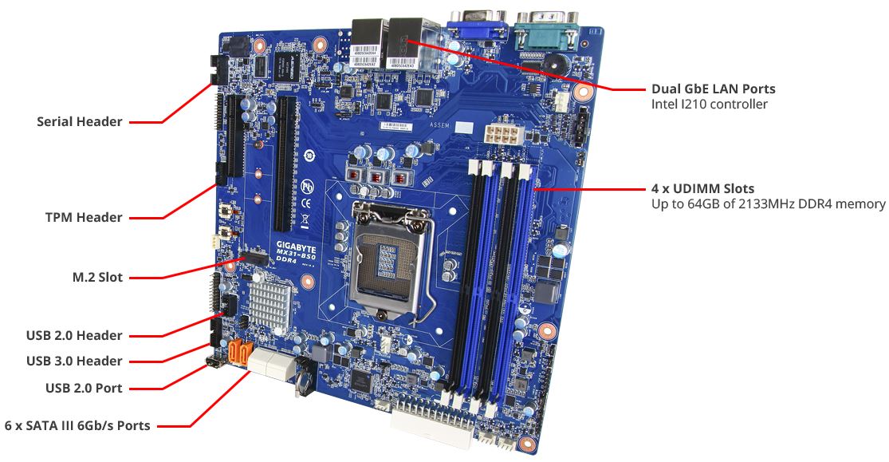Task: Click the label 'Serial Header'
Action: tap(80, 121)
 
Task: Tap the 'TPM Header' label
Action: tap(84, 217)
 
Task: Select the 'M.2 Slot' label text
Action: tap(97, 278)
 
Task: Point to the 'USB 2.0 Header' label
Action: tap(74, 335)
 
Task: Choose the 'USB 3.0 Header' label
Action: tap(74, 361)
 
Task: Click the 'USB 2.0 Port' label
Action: tap(84, 389)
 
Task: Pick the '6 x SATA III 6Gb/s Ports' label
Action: tap(77, 425)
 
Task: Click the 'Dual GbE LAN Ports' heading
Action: tap(714, 89)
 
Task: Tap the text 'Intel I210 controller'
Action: tap(710, 104)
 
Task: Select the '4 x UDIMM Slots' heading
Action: tap(703, 188)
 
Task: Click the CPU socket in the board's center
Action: tap(390, 255)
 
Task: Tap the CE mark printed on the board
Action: tap(305, 201)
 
